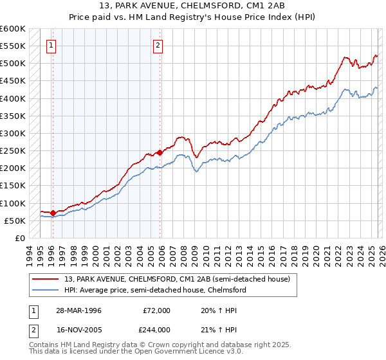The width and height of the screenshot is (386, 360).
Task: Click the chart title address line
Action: tap(192, 6)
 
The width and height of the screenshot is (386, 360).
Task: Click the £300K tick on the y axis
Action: tap(12, 133)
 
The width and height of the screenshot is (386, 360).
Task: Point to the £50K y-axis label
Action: tap(14, 221)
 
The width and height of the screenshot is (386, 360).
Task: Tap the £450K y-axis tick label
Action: tap(12, 81)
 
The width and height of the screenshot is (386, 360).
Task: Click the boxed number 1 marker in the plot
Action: tap(51, 45)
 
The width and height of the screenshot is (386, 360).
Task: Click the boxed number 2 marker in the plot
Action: tap(158, 45)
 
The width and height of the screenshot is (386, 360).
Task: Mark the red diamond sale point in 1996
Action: tap(53, 212)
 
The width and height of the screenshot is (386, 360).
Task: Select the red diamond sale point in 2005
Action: tap(160, 153)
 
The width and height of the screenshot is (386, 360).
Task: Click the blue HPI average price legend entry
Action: tap(154, 290)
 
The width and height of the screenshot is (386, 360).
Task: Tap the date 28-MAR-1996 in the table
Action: tap(77, 310)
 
